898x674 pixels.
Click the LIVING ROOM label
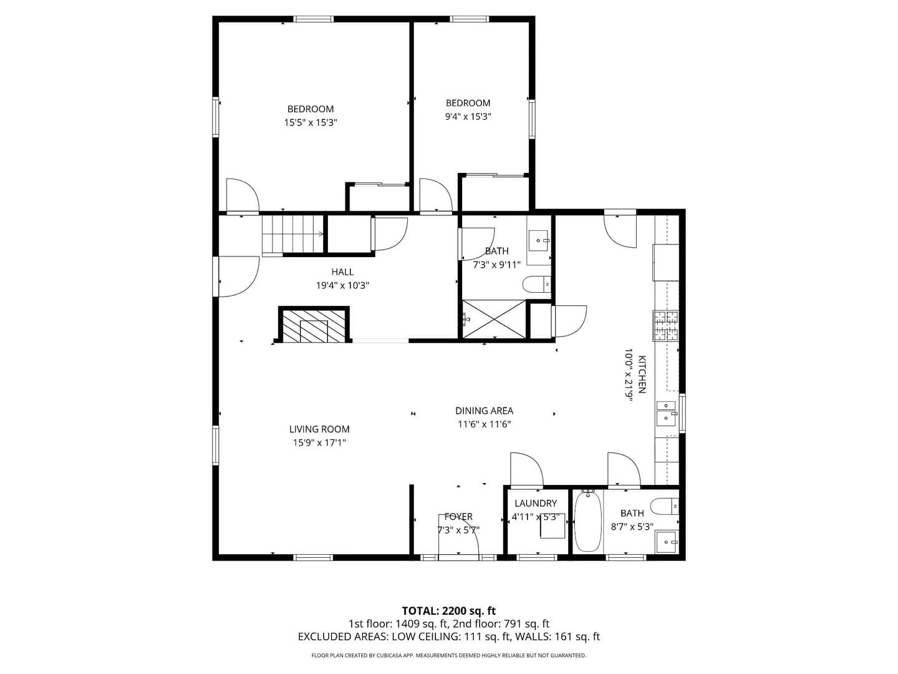(319, 429)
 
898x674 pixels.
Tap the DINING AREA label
(484, 411)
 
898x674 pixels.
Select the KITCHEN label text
(642, 374)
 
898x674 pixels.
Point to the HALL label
(342, 271)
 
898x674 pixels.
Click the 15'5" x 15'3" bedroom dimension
(311, 122)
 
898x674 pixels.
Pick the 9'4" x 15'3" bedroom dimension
(468, 117)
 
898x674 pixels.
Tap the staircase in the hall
(293, 235)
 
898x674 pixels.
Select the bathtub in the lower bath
(588, 522)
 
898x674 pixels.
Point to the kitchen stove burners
(665, 326)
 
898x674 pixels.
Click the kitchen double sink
(667, 413)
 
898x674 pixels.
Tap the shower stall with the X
(494, 319)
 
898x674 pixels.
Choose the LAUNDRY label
(536, 503)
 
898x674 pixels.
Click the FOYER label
(458, 517)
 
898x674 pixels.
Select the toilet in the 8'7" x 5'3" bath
(664, 506)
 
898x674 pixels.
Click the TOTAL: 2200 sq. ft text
(448, 611)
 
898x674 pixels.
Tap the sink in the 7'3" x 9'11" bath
(538, 241)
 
